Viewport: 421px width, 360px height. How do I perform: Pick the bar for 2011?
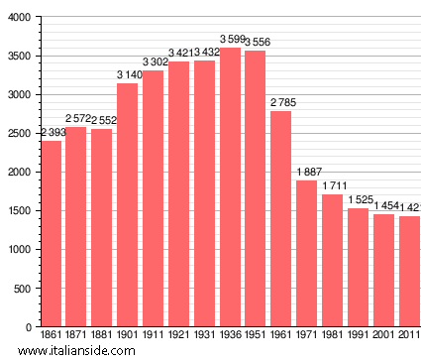click(x=409, y=272)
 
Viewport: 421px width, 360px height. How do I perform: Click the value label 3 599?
click(x=229, y=40)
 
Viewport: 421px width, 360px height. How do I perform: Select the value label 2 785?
click(x=281, y=102)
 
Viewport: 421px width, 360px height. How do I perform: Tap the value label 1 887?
click(x=307, y=173)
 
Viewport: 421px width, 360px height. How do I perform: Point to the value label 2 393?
click(x=52, y=133)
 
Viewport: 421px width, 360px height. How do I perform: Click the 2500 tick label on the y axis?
click(x=18, y=134)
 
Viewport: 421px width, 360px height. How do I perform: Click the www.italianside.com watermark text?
click(x=64, y=351)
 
